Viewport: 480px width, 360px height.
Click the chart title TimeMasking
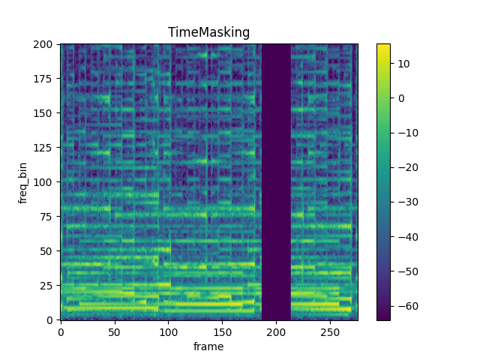[x=208, y=32]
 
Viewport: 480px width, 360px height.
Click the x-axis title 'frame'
[x=208, y=346]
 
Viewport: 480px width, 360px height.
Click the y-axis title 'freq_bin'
[x=23, y=182]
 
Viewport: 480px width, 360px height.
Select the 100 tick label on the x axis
[x=169, y=331]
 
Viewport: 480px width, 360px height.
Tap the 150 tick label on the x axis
[x=223, y=331]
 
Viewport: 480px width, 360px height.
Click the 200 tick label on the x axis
[x=277, y=331]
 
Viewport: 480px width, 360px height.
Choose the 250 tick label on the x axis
[x=331, y=331]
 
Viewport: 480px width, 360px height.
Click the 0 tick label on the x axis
[x=61, y=331]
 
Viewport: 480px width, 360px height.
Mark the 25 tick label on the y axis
[x=47, y=286]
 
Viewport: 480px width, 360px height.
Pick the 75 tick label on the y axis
[x=47, y=217]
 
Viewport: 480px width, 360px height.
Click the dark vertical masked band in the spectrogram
[x=276, y=182]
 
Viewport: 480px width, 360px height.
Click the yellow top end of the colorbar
[x=382, y=46]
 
